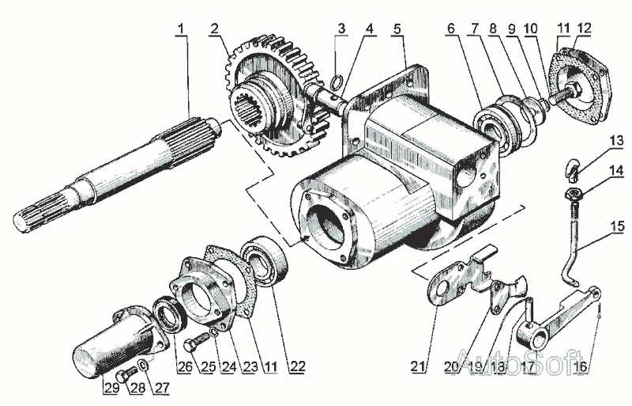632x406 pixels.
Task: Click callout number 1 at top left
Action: (182, 30)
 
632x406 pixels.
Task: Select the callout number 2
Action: (215, 30)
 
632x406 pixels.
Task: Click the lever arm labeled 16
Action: (561, 313)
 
